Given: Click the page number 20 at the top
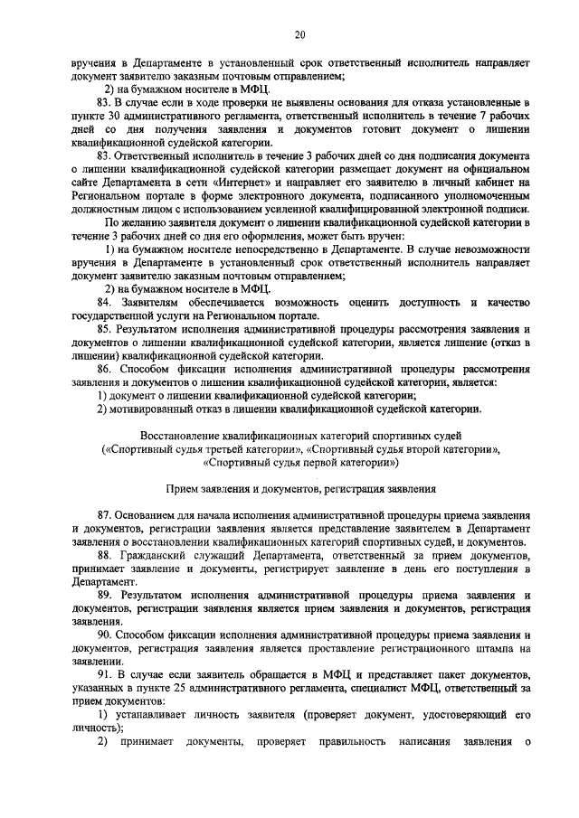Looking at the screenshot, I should [x=299, y=34].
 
